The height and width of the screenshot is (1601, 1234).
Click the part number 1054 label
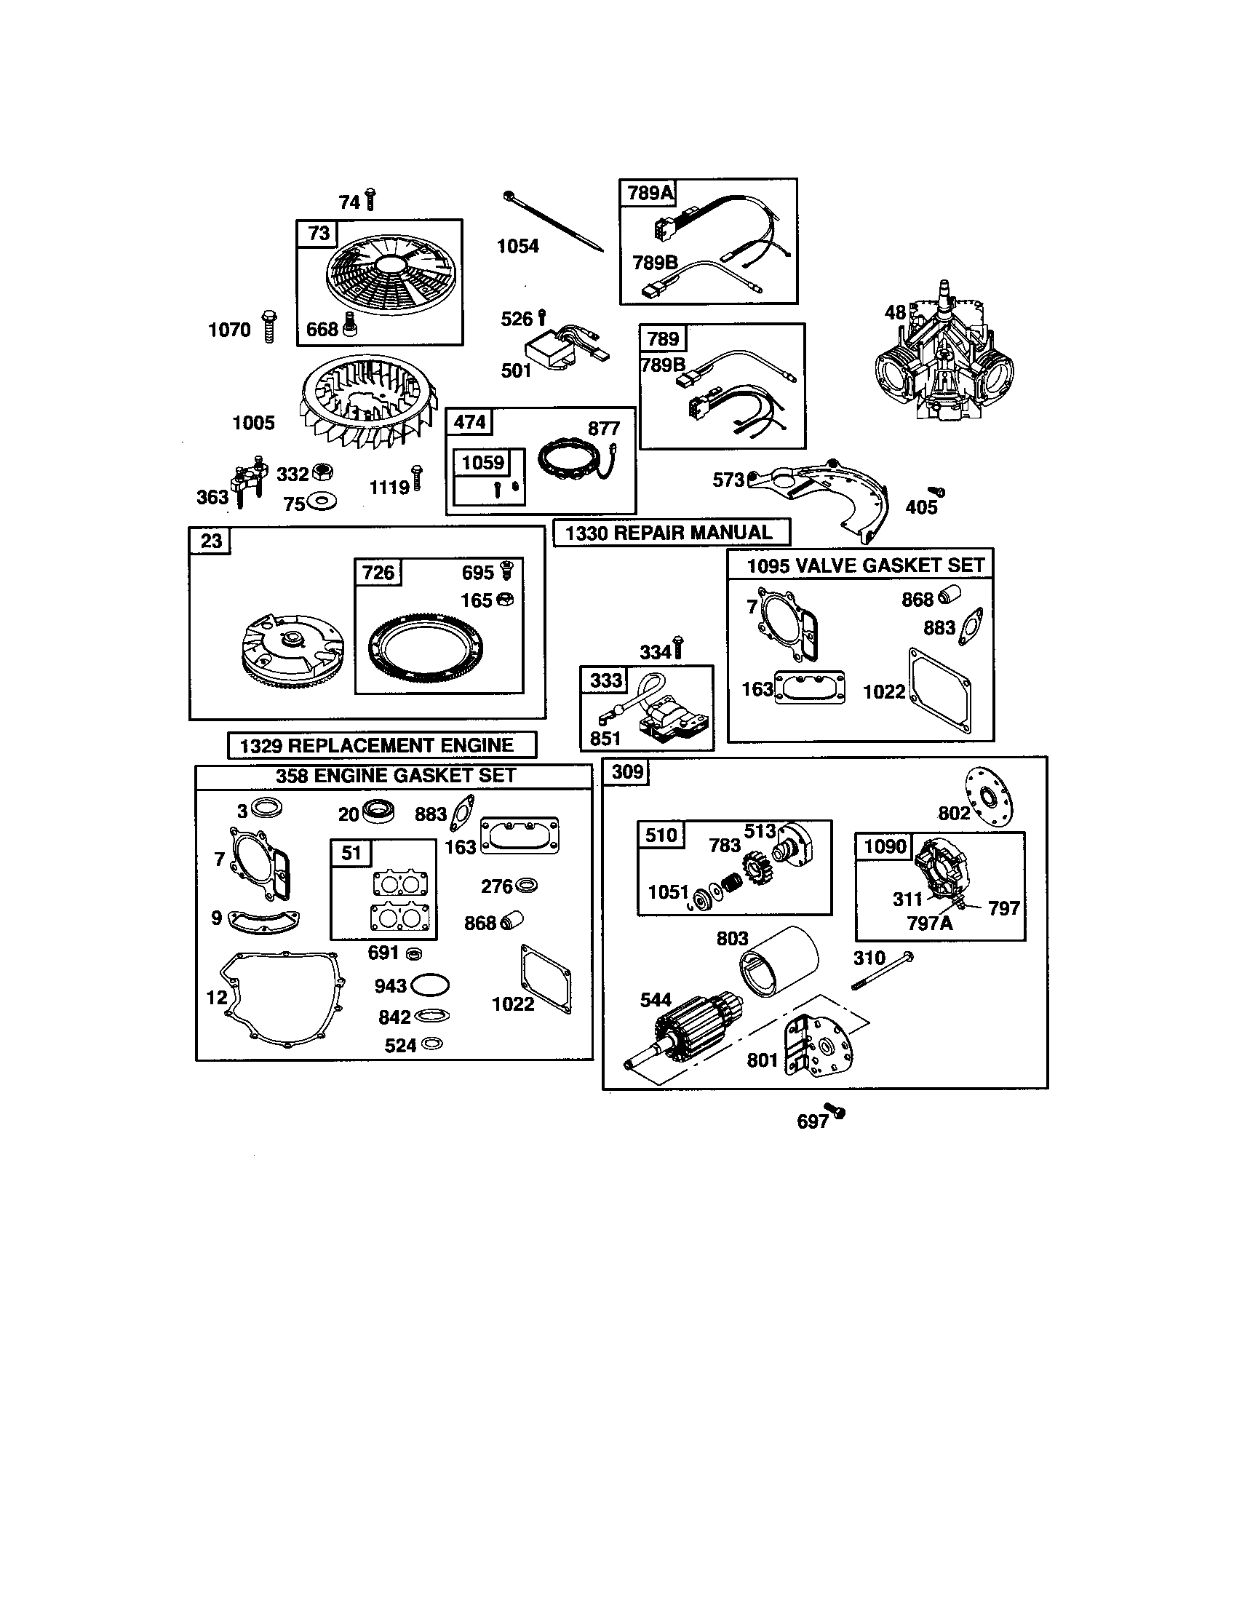coord(517,246)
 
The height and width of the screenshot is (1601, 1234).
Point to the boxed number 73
coord(319,234)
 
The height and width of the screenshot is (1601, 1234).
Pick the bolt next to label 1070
coord(270,327)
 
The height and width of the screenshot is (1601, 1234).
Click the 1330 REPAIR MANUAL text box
coord(672,532)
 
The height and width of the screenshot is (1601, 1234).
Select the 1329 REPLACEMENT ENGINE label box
coord(382,745)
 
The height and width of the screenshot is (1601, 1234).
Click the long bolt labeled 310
coord(884,971)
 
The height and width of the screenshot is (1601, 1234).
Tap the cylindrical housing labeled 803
coord(779,962)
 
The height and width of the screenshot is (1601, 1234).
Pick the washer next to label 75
coord(322,503)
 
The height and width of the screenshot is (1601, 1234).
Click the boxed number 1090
coord(885,846)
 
